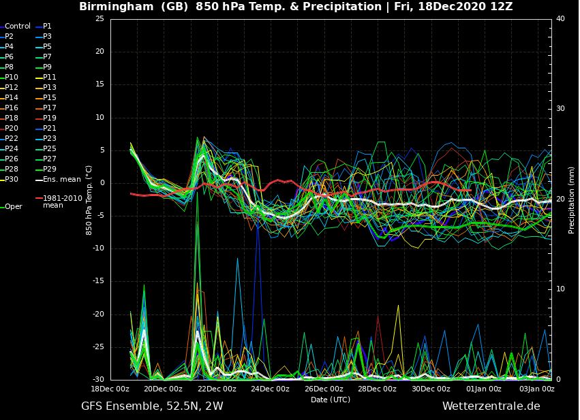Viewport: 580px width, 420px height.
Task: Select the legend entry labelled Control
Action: [x=18, y=26]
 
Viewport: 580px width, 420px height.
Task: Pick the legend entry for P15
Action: [x=50, y=97]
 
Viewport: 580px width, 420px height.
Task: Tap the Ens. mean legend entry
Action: [x=61, y=180]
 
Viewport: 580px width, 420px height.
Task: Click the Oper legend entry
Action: [x=14, y=206]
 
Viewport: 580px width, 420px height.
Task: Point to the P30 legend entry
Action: [x=12, y=180]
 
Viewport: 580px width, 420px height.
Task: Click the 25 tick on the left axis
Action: [x=100, y=18]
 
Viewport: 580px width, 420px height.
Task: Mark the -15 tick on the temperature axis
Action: [x=98, y=281]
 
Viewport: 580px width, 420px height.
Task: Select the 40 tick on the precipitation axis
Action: [x=560, y=18]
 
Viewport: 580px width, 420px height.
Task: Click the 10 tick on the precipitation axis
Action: [x=560, y=289]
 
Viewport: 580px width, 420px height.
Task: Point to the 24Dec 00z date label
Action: [x=270, y=389]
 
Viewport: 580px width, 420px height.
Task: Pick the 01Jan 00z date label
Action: [x=484, y=389]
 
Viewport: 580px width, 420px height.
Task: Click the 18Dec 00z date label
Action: [x=110, y=389]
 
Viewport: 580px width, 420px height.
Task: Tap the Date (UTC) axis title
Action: [x=331, y=400]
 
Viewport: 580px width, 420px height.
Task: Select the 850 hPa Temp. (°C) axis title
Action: [x=89, y=199]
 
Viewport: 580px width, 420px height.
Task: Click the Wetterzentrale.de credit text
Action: [x=491, y=406]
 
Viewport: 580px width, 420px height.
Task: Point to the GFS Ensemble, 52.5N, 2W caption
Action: [x=152, y=406]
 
